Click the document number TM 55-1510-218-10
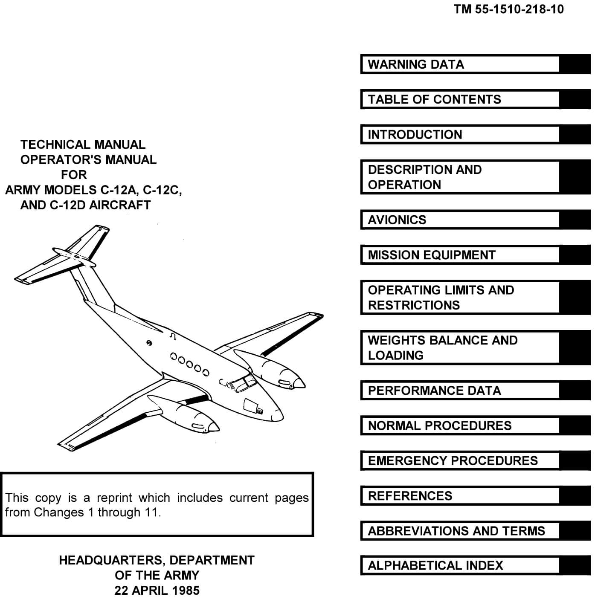click(x=509, y=9)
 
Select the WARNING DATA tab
click(x=460, y=64)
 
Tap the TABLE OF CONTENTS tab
click(x=460, y=99)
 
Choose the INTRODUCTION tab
click(x=460, y=135)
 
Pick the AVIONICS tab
click(x=460, y=220)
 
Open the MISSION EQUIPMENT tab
click(x=460, y=255)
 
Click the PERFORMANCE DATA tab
click(x=460, y=391)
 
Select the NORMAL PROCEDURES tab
click(x=460, y=425)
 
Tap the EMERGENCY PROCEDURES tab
click(x=460, y=460)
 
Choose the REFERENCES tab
click(x=460, y=496)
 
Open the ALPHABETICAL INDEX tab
click(x=460, y=565)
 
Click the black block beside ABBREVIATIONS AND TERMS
click(x=575, y=531)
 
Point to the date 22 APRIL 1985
click(x=157, y=590)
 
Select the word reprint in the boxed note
click(x=112, y=498)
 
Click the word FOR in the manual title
click(x=74, y=175)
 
